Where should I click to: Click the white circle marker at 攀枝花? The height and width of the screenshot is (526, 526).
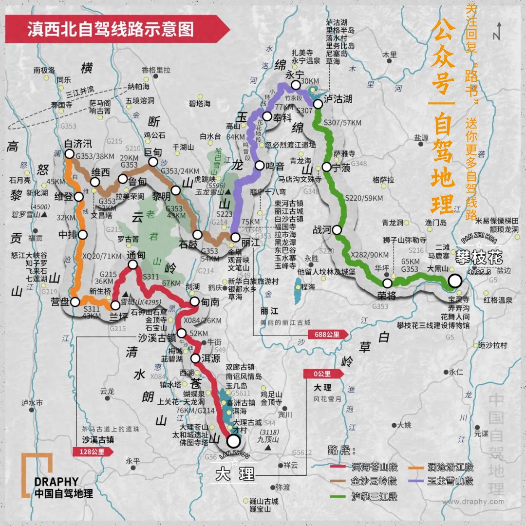[x=455, y=281]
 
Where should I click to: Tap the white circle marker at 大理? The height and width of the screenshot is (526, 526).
[x=234, y=441]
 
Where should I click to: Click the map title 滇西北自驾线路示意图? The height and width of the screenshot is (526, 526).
[x=111, y=29]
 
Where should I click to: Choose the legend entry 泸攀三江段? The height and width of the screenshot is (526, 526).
[x=375, y=497]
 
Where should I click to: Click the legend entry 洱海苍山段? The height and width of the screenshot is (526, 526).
[x=375, y=468]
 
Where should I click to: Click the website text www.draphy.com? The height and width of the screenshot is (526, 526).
[x=473, y=502]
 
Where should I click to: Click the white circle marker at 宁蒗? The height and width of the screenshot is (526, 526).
[x=326, y=168]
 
